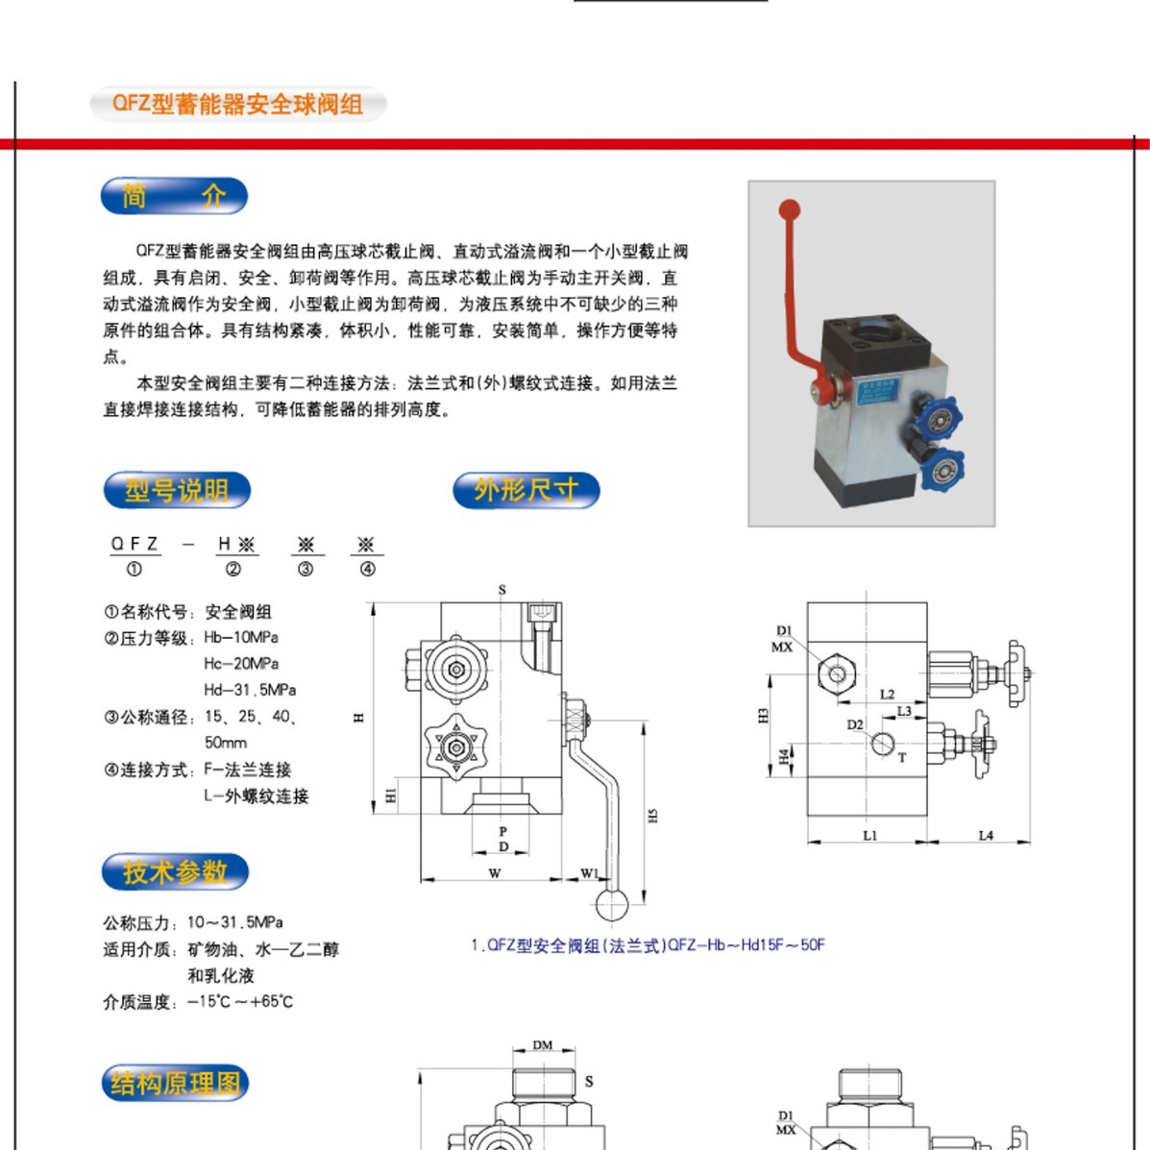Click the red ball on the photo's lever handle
coord(789,208)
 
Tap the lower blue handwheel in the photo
coord(941,468)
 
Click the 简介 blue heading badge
coord(174,196)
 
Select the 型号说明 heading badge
coord(177,490)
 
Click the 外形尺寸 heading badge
coord(526,490)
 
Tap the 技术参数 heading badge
coord(175,871)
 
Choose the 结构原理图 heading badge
coord(175,1083)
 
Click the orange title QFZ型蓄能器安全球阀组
coord(237,104)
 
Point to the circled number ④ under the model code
coord(367,569)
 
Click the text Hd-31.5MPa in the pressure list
coord(250,690)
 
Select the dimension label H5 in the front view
coord(652,815)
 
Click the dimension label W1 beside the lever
coord(589,873)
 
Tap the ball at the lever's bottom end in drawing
coord(612,905)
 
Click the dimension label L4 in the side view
coord(986,835)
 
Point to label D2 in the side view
coord(855,724)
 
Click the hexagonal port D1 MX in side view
coord(836,673)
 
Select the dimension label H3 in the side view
coord(764,716)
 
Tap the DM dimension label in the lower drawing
coord(543,1044)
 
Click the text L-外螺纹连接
coord(257,795)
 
